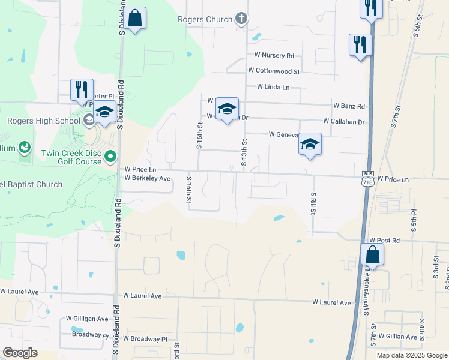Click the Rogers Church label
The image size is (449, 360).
coord(205,20)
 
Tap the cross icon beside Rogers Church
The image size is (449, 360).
coord(241,19)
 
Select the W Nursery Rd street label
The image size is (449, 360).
coord(274,56)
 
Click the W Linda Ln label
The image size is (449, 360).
coord(273,87)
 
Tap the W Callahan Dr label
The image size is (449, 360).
coord(343,121)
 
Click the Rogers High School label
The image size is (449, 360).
coord(43,121)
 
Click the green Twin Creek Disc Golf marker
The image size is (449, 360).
coord(110,157)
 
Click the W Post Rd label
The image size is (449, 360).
coord(384,240)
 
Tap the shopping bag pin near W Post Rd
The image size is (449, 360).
coord(373,254)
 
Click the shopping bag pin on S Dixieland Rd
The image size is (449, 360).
coord(135,19)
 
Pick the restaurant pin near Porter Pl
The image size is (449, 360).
coord(82,90)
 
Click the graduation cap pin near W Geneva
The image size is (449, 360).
coord(310,145)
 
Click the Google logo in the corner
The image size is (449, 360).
coord(20,353)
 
